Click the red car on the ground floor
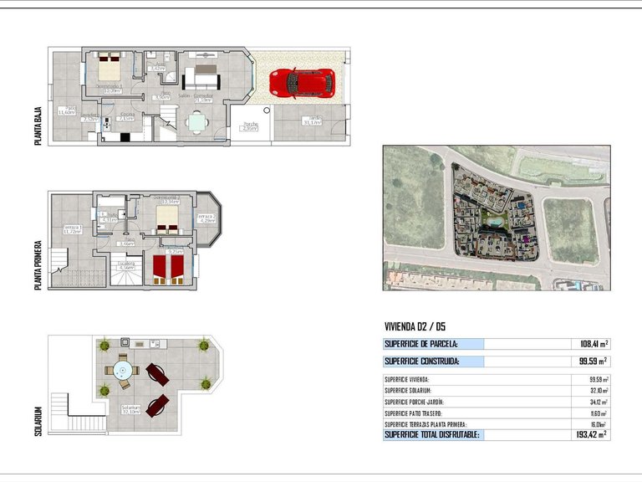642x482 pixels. point(302,82)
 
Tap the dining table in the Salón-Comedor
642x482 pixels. point(197,123)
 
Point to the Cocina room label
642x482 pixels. point(127,116)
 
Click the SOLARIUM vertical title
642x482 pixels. point(39,423)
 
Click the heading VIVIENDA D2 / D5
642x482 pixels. point(421,326)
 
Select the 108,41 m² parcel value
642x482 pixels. point(592,344)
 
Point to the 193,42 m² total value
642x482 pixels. point(591,435)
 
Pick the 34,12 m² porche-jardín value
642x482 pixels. point(594,402)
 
